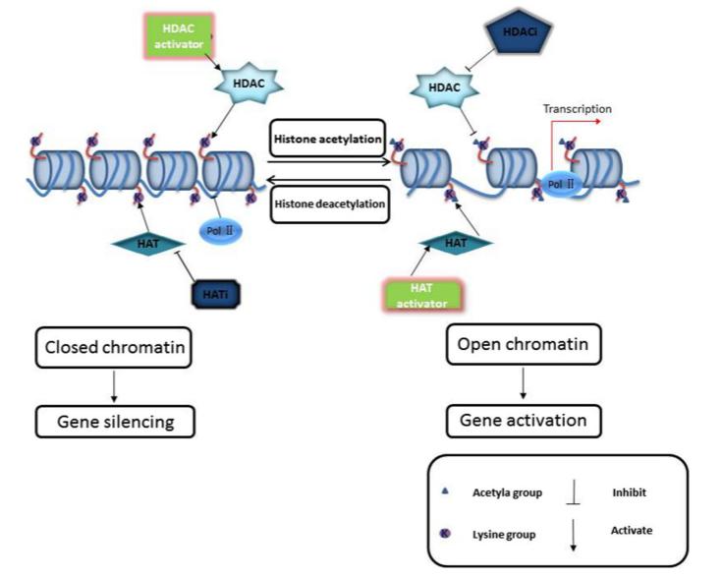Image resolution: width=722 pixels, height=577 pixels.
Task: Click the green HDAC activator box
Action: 177,39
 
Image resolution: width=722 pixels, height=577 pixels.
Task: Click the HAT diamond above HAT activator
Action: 455,241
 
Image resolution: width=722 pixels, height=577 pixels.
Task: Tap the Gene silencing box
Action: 116,422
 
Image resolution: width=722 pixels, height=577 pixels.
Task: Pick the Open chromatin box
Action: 524,345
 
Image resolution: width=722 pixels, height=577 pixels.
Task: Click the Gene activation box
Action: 524,421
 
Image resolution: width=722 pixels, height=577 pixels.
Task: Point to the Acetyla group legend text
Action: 508,491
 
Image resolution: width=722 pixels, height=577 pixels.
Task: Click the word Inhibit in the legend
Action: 630,491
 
